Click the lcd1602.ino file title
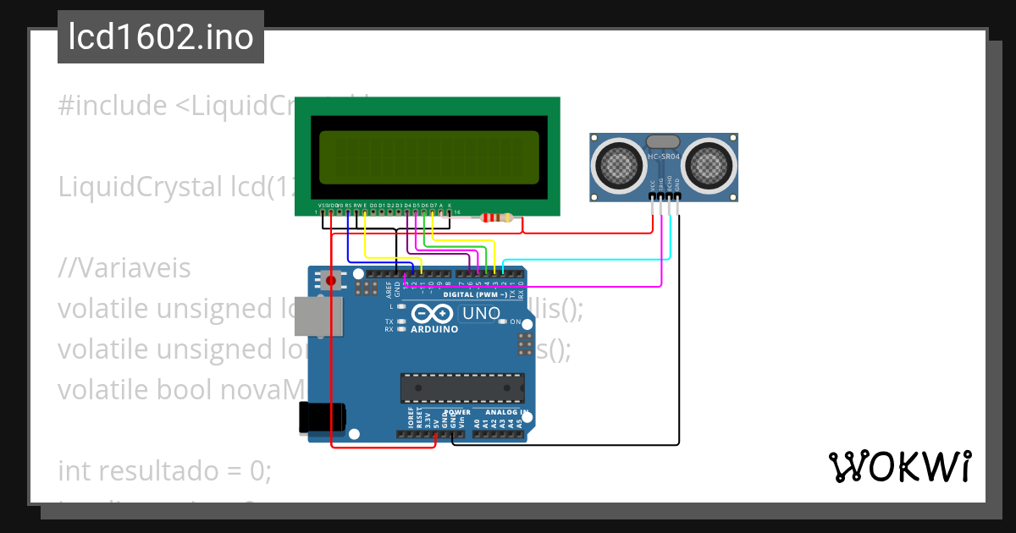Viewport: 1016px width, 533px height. click(x=160, y=37)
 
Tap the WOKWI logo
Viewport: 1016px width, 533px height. click(x=899, y=466)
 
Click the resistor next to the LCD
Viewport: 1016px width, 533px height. click(x=496, y=218)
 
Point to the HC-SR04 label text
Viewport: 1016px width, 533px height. click(x=663, y=157)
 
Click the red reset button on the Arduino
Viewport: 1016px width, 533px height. click(x=330, y=280)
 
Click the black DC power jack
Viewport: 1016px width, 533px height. click(x=320, y=418)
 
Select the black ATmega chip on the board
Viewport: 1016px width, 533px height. click(x=461, y=387)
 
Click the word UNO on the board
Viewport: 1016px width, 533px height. click(x=480, y=314)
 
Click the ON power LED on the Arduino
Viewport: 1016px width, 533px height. click(x=503, y=322)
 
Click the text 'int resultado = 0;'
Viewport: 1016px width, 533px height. click(x=164, y=470)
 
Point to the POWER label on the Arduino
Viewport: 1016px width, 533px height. click(x=457, y=413)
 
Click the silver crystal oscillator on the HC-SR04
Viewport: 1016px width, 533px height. click(x=663, y=141)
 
